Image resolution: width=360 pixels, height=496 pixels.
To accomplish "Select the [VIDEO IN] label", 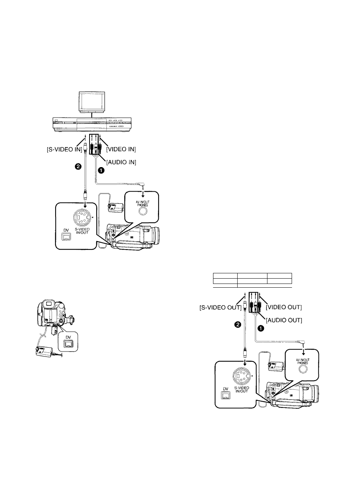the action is click(x=121, y=149).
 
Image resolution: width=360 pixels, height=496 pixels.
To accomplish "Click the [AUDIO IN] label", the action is click(x=121, y=162).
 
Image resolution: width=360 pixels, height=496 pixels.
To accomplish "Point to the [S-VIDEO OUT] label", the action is click(x=220, y=308).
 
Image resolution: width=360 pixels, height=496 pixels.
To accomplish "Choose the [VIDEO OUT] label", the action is click(x=284, y=307).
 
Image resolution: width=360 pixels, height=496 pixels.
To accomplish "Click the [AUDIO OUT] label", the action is click(x=284, y=320).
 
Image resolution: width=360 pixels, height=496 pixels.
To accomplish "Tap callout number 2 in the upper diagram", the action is click(x=78, y=167).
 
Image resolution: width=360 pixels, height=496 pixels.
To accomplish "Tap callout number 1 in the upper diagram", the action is click(x=101, y=171).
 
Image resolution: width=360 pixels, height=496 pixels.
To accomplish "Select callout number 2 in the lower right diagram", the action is click(x=237, y=325).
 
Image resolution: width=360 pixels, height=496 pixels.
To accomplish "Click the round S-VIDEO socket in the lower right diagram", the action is click(x=241, y=376).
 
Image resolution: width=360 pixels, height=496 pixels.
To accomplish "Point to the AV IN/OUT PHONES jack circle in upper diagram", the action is click(x=143, y=211).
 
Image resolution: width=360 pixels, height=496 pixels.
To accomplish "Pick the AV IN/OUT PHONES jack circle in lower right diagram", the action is click(x=303, y=369).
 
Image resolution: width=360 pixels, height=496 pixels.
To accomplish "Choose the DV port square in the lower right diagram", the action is click(x=226, y=395).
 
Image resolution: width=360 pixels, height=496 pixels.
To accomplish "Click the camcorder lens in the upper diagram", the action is click(x=155, y=236).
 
